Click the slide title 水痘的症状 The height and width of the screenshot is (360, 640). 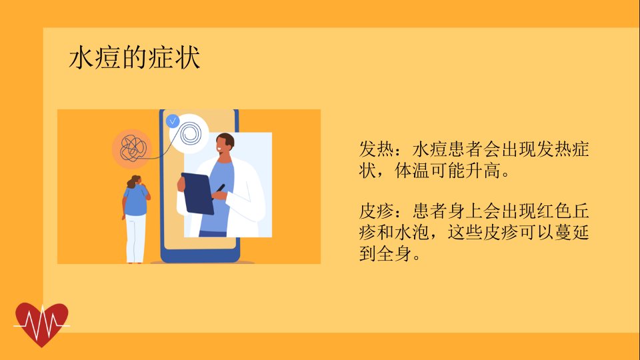pos(134,57)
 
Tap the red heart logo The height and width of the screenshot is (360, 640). pos(41,325)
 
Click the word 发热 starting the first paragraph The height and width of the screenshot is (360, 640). pos(376,149)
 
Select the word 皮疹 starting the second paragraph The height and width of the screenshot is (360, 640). pos(376,211)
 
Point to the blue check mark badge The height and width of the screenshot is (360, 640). pos(173,121)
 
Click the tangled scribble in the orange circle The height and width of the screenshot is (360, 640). pos(132,149)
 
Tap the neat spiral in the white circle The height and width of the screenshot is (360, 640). pos(190,133)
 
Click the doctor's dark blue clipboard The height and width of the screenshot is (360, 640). pos(198,193)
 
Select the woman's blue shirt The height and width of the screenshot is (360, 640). pos(136,200)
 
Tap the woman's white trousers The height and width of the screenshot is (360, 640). pos(136,239)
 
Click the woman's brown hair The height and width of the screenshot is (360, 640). pos(133,181)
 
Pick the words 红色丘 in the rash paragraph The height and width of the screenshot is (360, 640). pos(563,211)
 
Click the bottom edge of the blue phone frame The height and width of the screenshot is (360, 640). pos(200,259)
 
